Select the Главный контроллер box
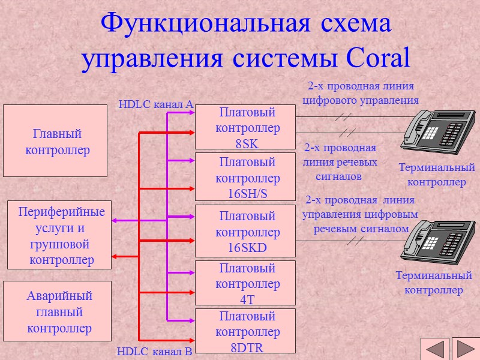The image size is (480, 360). (x=57, y=141)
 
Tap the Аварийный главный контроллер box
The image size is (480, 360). (x=59, y=312)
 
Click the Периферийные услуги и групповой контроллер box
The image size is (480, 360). (x=60, y=235)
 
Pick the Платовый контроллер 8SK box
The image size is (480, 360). (x=247, y=127)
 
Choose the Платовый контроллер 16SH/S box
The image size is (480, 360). (x=247, y=177)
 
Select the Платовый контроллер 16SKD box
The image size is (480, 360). (x=247, y=231)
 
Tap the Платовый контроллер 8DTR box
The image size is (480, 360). (x=247, y=331)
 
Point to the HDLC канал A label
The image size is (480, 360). (x=155, y=104)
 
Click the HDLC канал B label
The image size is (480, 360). (x=154, y=352)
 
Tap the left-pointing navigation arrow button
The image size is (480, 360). (x=435, y=349)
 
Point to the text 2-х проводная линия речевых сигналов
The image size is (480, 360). (x=340, y=162)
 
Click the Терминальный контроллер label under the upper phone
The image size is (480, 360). (x=437, y=175)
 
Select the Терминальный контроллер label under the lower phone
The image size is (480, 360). (x=434, y=283)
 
